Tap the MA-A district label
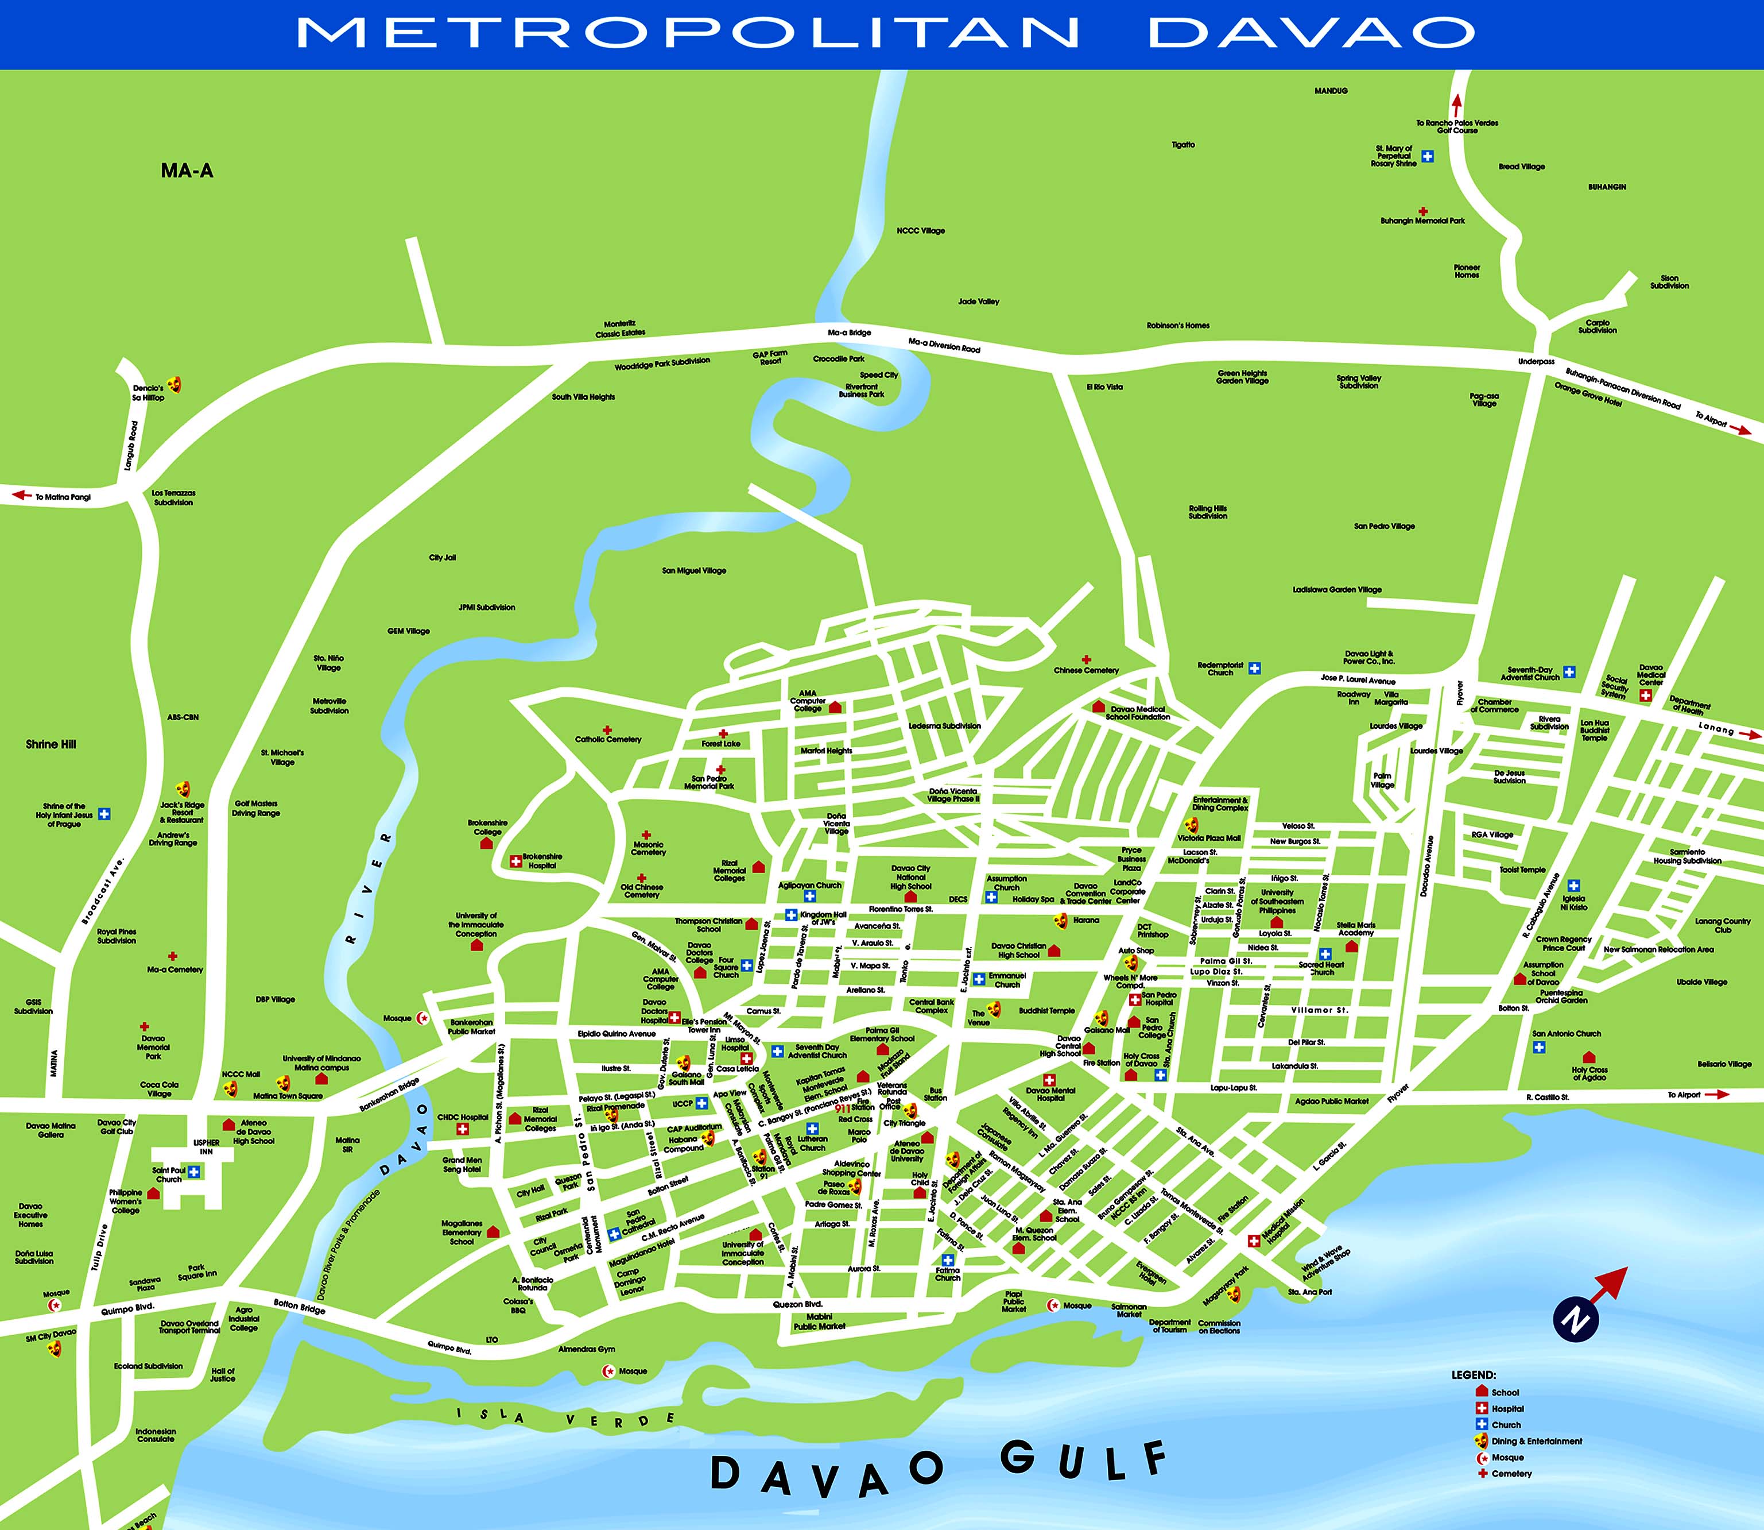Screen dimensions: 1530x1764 (187, 171)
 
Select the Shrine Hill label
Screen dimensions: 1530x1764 (51, 744)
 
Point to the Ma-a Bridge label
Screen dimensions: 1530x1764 (849, 332)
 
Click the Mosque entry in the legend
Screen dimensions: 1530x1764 (1508, 1458)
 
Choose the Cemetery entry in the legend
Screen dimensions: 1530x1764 (1511, 1474)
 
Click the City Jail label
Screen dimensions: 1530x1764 (442, 558)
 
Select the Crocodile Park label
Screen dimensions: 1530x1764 (838, 358)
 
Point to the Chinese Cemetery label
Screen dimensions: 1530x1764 (1085, 670)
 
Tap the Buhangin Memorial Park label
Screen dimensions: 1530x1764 (1422, 221)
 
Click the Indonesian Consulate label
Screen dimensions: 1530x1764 (156, 1435)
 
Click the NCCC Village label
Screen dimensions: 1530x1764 (921, 230)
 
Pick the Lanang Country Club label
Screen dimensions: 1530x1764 (1722, 925)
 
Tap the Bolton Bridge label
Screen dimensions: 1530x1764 (300, 1307)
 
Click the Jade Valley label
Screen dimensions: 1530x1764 (978, 302)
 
